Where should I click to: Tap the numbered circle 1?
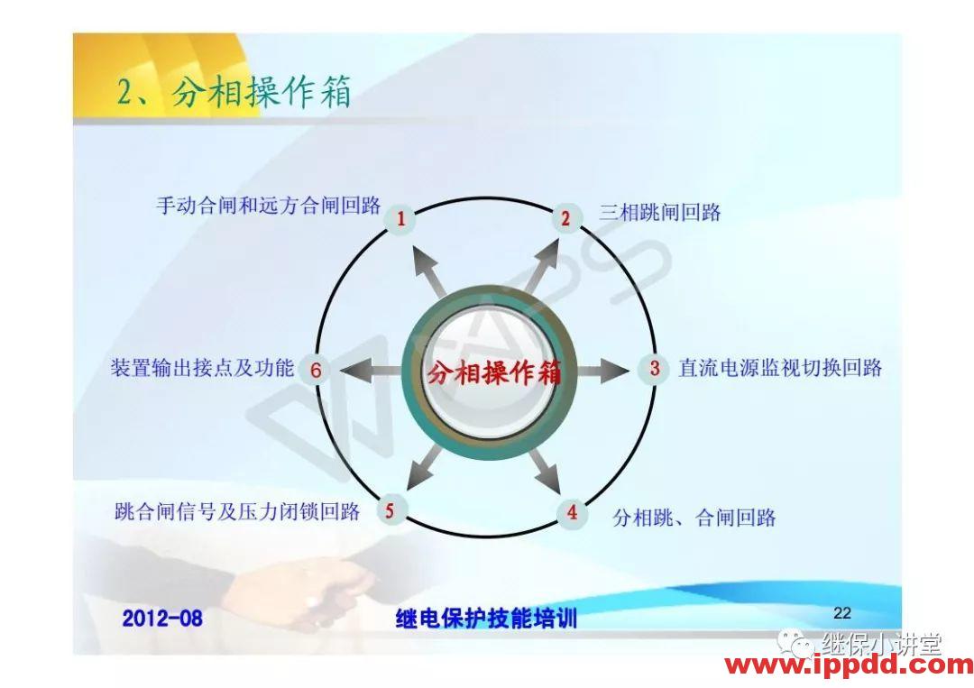400,218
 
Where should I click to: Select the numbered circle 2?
565,218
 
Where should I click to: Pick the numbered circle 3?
654,368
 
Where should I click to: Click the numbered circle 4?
572,514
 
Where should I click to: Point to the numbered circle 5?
390,511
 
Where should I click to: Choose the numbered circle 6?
316,370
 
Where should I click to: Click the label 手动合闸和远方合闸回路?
269,206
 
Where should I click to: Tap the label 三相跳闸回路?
660,213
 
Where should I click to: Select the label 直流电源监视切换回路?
780,368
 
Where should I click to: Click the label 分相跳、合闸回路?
694,518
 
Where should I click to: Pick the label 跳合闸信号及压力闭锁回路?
237,512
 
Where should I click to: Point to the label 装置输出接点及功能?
202,368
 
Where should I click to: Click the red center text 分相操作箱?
493,372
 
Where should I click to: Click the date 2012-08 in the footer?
162,619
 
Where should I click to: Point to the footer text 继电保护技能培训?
486,619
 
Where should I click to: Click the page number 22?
842,613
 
